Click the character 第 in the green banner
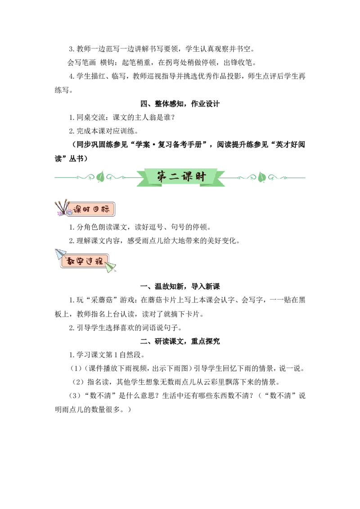coord(162,176)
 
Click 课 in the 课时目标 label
coord(77,210)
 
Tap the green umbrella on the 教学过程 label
coord(111,267)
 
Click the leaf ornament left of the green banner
coord(100,177)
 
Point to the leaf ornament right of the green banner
coord(261,177)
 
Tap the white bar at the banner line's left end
coord(56,178)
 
